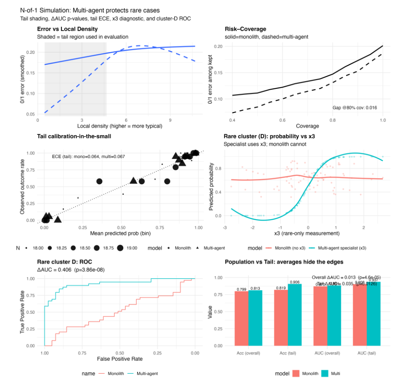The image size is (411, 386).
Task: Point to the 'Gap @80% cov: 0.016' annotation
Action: click(x=354, y=108)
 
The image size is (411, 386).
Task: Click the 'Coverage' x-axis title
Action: click(x=307, y=126)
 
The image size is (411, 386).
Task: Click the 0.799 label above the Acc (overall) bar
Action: click(x=241, y=289)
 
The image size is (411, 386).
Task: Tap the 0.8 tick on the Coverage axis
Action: click(x=333, y=119)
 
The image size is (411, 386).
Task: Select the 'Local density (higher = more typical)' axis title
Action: click(x=120, y=126)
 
